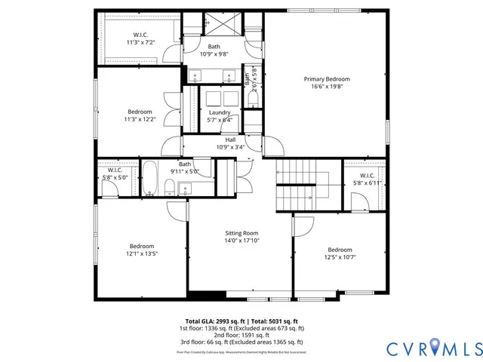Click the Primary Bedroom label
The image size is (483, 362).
coord(327,78)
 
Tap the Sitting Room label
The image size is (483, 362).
coord(241,233)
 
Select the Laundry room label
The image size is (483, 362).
coord(220,112)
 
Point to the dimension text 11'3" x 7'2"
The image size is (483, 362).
coord(140,44)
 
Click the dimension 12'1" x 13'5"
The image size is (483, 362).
coord(141,254)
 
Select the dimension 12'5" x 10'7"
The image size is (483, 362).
coord(340,258)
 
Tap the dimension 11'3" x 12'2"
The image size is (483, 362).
coord(140,119)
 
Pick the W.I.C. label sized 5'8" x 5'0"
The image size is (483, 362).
coord(115,170)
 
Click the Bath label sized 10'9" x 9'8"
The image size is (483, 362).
coord(214,47)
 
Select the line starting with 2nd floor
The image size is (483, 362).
coord(241,336)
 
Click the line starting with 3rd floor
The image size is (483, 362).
coord(241,342)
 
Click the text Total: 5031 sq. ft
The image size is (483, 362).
coord(271,321)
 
